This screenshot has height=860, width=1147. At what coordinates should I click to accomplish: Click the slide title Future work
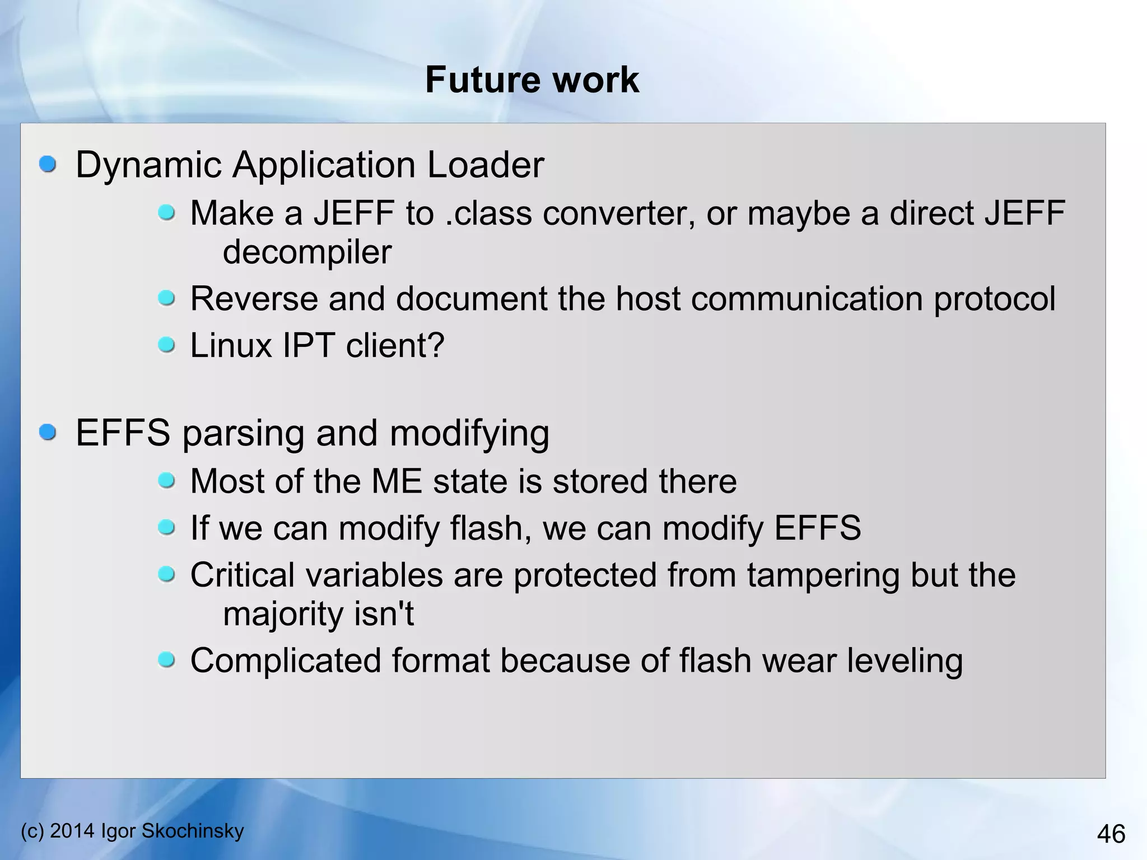pos(531,80)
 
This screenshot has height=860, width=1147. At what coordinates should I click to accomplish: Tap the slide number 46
pos(1111,834)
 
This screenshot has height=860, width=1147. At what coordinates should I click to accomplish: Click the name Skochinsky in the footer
pos(193,831)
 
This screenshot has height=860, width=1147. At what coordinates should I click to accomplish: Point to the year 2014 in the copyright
pos(72,831)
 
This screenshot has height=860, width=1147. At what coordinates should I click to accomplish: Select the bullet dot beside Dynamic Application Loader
pos(48,164)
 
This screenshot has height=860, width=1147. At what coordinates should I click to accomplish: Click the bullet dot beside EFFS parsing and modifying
pos(48,432)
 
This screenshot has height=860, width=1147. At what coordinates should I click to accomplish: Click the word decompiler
pos(307,252)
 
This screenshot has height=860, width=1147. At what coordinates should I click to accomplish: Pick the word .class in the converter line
pos(488,213)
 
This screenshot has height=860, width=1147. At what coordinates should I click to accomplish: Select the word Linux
pos(231,345)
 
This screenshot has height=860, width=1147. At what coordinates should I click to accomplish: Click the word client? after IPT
pos(395,345)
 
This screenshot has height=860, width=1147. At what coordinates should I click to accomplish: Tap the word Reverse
pos(254,299)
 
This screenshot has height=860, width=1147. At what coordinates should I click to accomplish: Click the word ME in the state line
pos(397,481)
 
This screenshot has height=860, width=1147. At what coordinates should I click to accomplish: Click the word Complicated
pos(286,661)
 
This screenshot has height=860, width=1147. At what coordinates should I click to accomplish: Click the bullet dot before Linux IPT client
pos(166,345)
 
